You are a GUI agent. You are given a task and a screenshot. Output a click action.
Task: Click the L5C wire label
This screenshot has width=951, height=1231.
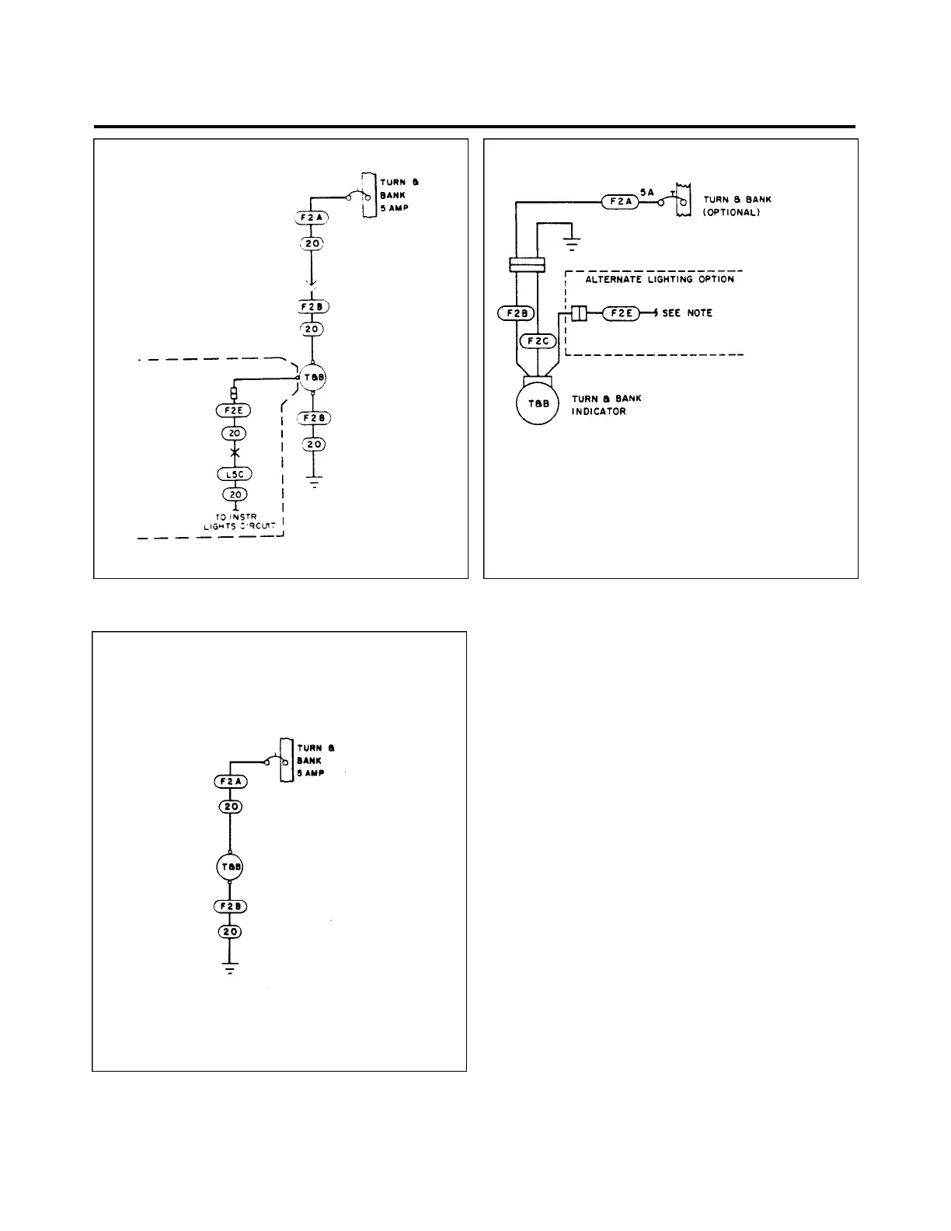pyautogui.click(x=234, y=474)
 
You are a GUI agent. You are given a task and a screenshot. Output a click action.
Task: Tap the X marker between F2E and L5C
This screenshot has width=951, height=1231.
pyautogui.click(x=234, y=453)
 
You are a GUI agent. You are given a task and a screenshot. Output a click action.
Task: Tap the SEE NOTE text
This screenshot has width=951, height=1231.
pyautogui.click(x=687, y=313)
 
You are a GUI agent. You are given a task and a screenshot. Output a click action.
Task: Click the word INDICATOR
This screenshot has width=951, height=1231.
pyautogui.click(x=599, y=411)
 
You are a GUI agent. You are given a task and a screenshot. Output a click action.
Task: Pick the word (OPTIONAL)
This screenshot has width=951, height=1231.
pyautogui.click(x=731, y=212)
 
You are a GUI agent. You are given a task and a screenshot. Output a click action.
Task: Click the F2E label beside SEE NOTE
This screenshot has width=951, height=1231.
pyautogui.click(x=621, y=313)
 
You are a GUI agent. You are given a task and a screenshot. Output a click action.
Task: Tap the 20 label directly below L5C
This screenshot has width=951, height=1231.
pyautogui.click(x=234, y=494)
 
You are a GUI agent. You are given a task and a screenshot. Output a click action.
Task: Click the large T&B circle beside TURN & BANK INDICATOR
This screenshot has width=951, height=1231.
pyautogui.click(x=539, y=403)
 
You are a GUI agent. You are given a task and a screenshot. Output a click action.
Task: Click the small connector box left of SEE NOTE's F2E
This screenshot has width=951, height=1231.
pyautogui.click(x=578, y=313)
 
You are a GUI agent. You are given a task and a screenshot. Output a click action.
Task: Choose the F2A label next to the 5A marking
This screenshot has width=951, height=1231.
pyautogui.click(x=620, y=202)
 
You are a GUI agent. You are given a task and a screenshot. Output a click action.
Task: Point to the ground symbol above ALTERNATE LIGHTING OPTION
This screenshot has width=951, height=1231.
pyautogui.click(x=571, y=244)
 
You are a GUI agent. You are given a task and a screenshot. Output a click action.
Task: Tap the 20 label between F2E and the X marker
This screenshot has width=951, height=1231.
pyautogui.click(x=234, y=433)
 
